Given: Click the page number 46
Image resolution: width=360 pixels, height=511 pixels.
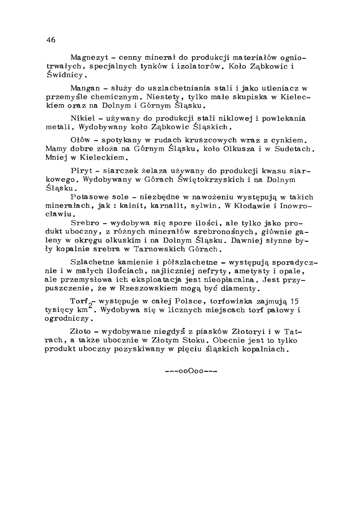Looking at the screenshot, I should pos(51,40).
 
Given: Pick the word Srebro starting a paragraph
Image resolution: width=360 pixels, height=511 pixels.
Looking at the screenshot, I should pos(85,223).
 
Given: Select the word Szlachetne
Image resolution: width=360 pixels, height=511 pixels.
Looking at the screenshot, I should pos(93,262).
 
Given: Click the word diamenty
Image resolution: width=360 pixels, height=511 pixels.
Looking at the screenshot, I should pos(239,289).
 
